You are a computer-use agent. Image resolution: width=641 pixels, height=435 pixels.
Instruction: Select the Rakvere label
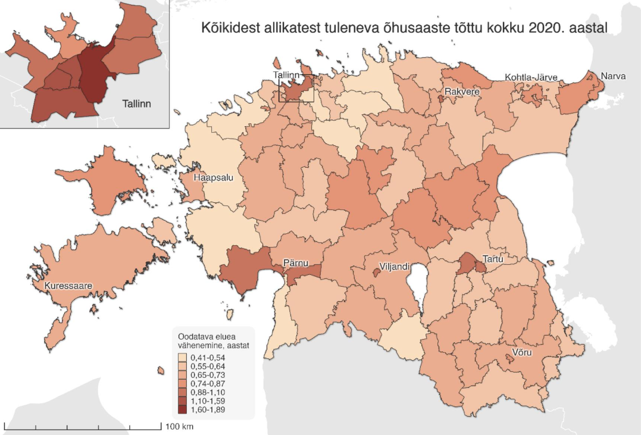tap(462, 92)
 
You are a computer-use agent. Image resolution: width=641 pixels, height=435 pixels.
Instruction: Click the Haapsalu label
tap(212, 177)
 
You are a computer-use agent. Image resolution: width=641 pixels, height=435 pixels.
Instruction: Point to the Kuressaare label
tap(68, 286)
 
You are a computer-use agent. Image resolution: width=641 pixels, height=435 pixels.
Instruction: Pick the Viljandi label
tap(395, 266)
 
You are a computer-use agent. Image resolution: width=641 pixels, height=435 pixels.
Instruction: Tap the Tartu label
tap(493, 259)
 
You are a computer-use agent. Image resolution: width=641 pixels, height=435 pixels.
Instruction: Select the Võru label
tap(521, 352)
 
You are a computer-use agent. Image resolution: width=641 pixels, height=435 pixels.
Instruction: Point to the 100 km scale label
tap(179, 427)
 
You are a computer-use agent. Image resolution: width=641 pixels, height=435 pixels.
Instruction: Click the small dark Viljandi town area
tap(376, 272)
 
